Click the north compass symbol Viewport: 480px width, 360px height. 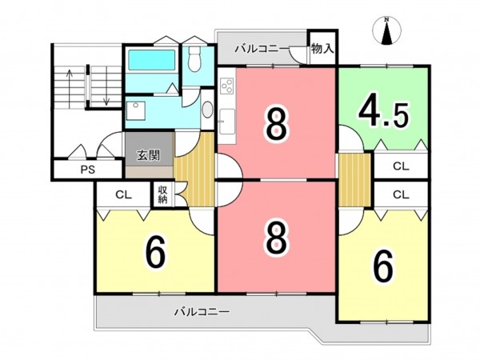point(388,31)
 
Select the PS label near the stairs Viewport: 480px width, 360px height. point(87,170)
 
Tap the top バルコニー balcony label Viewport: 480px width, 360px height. point(261,50)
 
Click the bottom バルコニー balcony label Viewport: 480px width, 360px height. point(202,311)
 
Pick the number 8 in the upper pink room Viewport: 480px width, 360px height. point(276,123)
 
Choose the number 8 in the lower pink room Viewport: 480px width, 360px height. point(276,238)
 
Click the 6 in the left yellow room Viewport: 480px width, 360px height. point(155,253)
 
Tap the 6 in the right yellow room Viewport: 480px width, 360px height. point(383,267)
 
